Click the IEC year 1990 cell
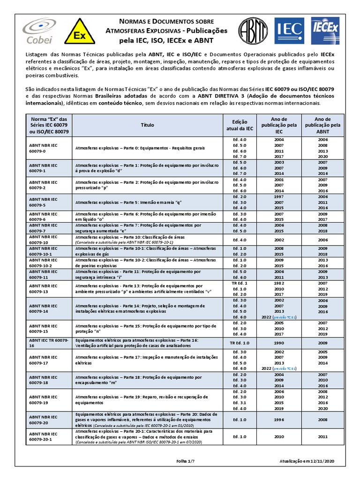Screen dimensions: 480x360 coord(279,343)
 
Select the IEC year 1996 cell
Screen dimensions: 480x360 coord(279,420)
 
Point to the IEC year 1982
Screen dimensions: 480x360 coord(279,284)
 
